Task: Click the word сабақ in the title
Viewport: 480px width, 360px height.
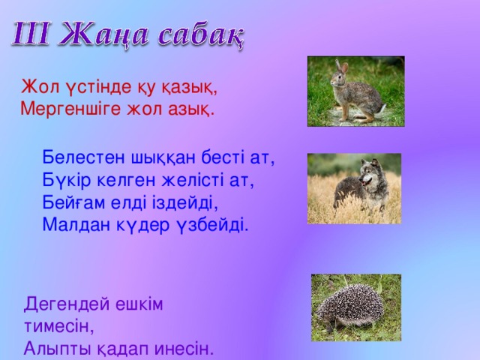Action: point(198,35)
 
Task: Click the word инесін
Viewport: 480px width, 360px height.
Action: point(180,349)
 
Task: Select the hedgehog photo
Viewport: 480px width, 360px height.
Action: point(356,307)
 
